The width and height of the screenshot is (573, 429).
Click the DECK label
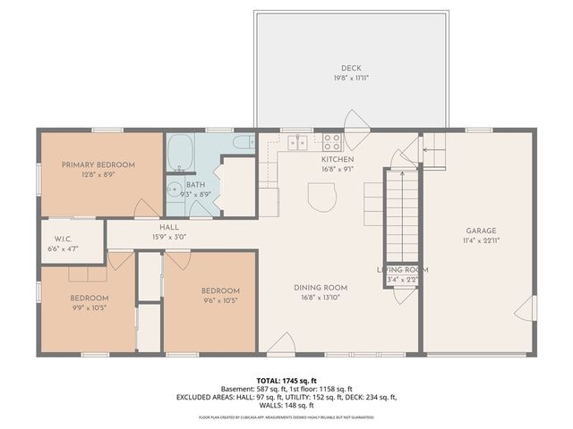tap(350, 68)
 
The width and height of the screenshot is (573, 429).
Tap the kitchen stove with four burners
tap(331, 141)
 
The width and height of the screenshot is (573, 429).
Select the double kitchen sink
tap(297, 142)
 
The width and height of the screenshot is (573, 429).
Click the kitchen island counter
tap(321, 197)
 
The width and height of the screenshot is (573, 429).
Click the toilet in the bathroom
tap(243, 142)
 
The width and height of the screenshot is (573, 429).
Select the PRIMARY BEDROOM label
tap(98, 165)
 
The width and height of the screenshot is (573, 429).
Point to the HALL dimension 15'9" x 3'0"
tap(168, 238)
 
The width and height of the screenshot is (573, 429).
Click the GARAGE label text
tap(480, 231)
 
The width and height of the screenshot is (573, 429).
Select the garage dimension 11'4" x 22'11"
tap(480, 240)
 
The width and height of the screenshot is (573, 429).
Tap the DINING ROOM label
tap(321, 288)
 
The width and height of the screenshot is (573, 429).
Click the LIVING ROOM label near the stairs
tap(402, 270)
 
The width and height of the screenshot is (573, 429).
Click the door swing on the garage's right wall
tap(529, 308)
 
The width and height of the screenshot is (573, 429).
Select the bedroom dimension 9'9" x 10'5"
tap(90, 307)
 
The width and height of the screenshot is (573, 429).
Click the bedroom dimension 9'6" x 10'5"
tap(219, 301)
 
